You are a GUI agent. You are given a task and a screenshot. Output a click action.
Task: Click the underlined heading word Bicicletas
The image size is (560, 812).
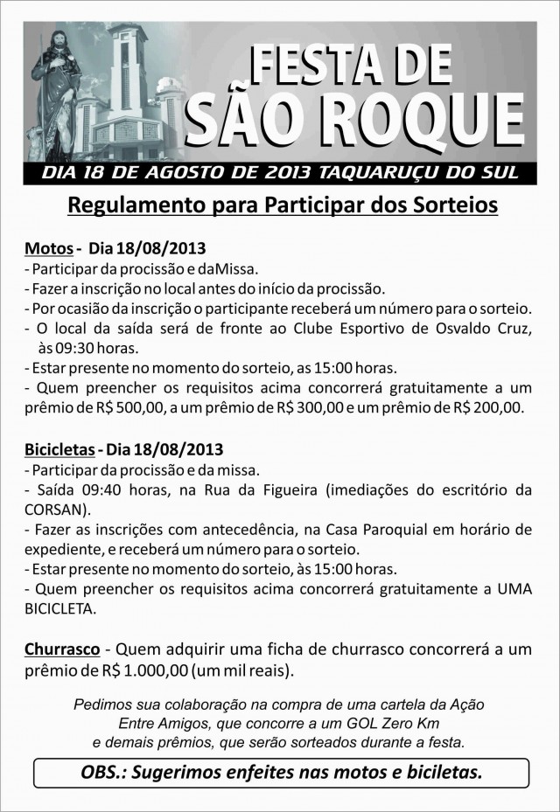(x=59, y=450)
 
